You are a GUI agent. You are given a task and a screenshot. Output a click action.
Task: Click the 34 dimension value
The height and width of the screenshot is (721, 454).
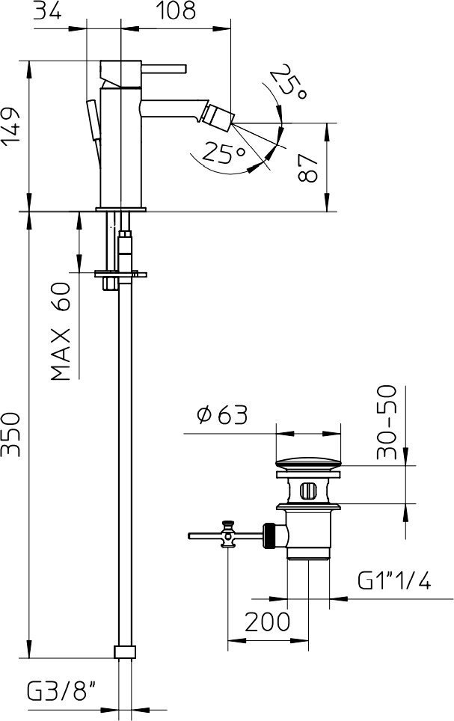pos(48,10)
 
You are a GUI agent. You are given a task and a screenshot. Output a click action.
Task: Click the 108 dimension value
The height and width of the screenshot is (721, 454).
pos(177,10)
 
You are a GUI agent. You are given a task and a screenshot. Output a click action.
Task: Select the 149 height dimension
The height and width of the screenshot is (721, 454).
pos(10,127)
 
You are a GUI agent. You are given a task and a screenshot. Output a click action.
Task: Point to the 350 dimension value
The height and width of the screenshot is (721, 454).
pos(10,434)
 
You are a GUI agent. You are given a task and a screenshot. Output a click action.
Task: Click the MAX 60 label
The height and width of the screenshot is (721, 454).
pos(61,331)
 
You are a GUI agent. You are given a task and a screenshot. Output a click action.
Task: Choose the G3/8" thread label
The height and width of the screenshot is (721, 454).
pos(61,691)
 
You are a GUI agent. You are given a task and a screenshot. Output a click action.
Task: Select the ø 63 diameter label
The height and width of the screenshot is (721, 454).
pos(222,415)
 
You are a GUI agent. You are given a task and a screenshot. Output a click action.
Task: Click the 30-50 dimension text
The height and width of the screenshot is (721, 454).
pos(387,422)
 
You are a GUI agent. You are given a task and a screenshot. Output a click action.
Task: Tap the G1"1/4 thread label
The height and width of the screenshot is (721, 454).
pos(395,580)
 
